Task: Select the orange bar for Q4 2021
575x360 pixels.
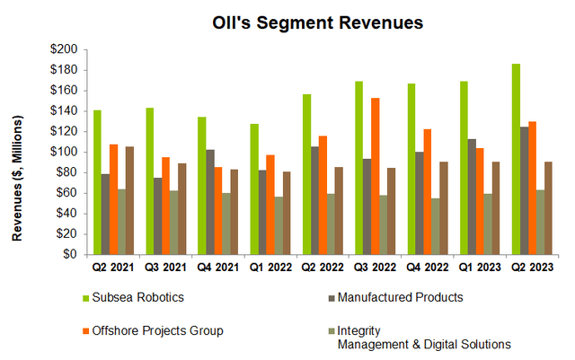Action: coord(218,210)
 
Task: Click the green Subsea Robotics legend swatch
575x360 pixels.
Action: coord(86,295)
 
